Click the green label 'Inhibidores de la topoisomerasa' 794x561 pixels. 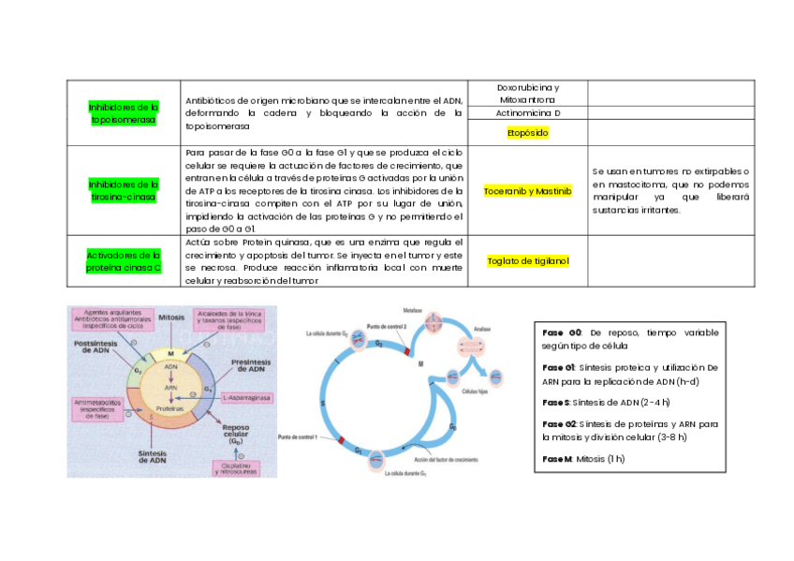[124, 113]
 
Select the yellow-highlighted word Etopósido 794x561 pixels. [527, 133]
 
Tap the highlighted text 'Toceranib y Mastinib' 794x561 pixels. [527, 191]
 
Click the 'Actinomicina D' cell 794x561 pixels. [528, 113]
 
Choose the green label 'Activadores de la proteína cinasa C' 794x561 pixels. [124, 260]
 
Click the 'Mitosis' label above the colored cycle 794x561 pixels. [171, 317]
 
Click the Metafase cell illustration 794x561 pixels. [433, 323]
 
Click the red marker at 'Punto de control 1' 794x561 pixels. [341, 440]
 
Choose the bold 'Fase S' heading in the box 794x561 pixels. [555, 402]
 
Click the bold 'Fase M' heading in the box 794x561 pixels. [556, 459]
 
